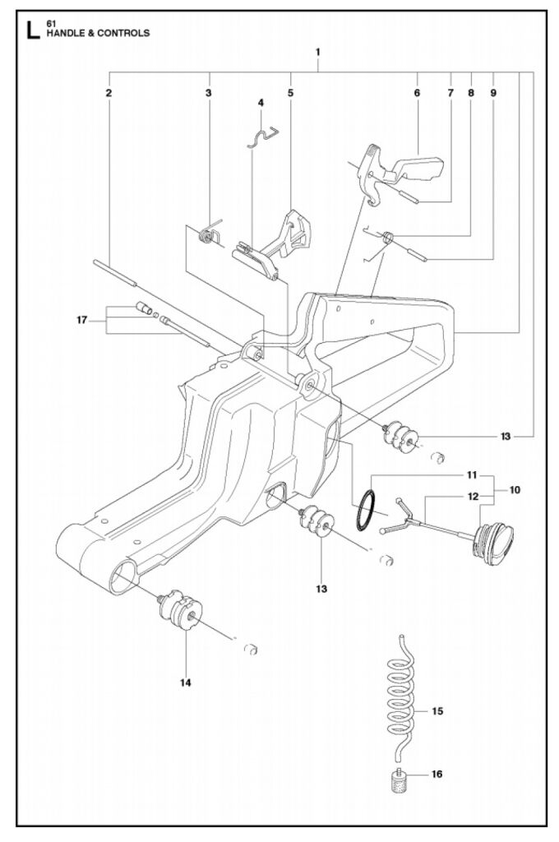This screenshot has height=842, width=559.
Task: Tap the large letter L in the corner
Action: (x=32, y=30)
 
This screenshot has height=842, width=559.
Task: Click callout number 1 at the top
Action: (x=318, y=52)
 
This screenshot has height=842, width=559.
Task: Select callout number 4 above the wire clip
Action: (x=261, y=102)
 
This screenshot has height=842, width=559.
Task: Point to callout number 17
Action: (x=81, y=321)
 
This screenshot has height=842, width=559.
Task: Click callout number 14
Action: (x=186, y=683)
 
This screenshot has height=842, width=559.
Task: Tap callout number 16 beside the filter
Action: (x=437, y=774)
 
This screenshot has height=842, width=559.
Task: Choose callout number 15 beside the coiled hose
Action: (x=437, y=711)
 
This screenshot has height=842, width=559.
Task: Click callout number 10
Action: (x=515, y=490)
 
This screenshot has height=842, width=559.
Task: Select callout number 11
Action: (x=472, y=475)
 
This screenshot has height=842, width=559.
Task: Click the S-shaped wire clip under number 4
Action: (x=263, y=136)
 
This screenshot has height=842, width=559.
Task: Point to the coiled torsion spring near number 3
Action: (x=207, y=234)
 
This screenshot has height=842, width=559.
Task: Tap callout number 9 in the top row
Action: (x=493, y=93)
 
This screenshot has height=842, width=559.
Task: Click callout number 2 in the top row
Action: (x=109, y=93)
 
